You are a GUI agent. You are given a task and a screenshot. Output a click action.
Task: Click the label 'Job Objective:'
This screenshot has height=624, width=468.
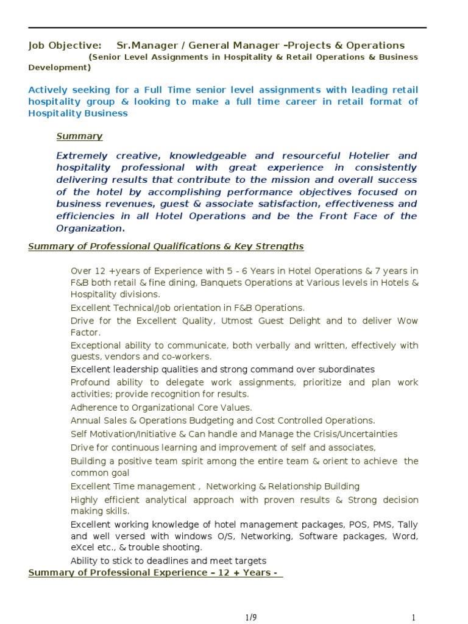tap(65, 46)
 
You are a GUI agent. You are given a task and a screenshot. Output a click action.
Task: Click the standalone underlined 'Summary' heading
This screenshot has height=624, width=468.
tap(79, 136)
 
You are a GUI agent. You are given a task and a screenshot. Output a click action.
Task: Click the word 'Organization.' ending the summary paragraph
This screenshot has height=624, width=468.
tap(90, 229)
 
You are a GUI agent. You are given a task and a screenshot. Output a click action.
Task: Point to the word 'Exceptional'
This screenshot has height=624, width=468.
tap(96, 346)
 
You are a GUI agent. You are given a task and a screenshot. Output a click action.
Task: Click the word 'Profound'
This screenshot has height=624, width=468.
tap(90, 383)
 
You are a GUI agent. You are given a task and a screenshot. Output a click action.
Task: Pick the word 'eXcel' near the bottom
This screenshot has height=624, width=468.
tap(83, 548)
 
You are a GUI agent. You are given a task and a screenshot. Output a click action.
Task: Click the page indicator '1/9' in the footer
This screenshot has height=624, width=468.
tap(251, 618)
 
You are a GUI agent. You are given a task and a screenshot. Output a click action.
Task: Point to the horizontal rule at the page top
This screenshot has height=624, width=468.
tap(227, 28)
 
